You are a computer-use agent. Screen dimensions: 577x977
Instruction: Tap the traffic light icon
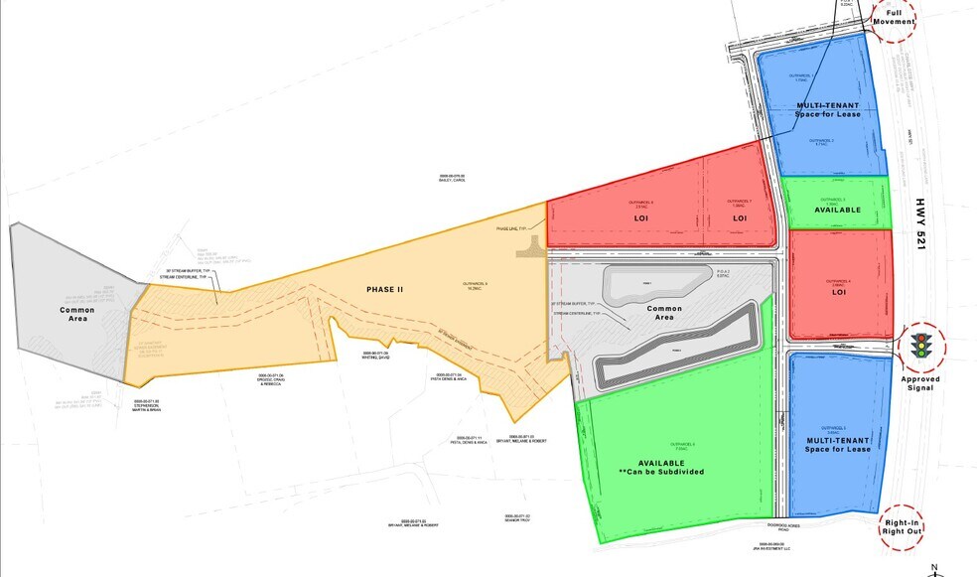pos(921,345)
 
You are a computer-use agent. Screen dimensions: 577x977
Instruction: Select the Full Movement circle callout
pos(893,20)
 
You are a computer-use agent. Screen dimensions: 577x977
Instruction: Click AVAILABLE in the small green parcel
pos(837,210)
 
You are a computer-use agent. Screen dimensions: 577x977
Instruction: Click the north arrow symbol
pos(933,568)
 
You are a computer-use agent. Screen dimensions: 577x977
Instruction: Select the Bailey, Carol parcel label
pos(452,180)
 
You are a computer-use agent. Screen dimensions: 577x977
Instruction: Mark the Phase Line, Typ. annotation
pos(513,229)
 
